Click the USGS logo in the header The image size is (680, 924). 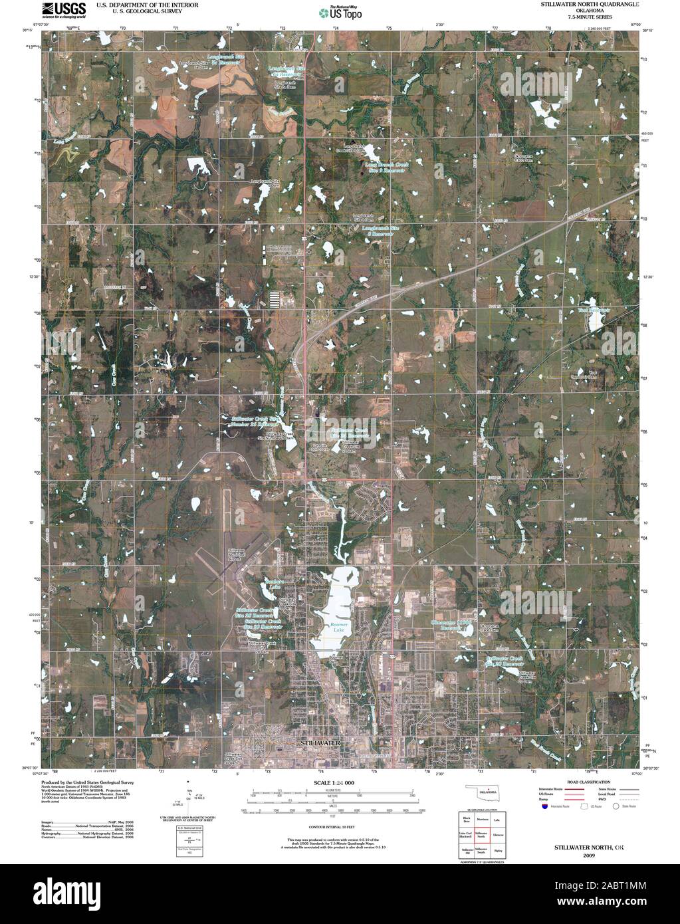point(64,9)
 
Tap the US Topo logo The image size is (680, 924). point(340,13)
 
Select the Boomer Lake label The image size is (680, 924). point(340,628)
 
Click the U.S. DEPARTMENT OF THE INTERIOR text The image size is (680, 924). point(137,5)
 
